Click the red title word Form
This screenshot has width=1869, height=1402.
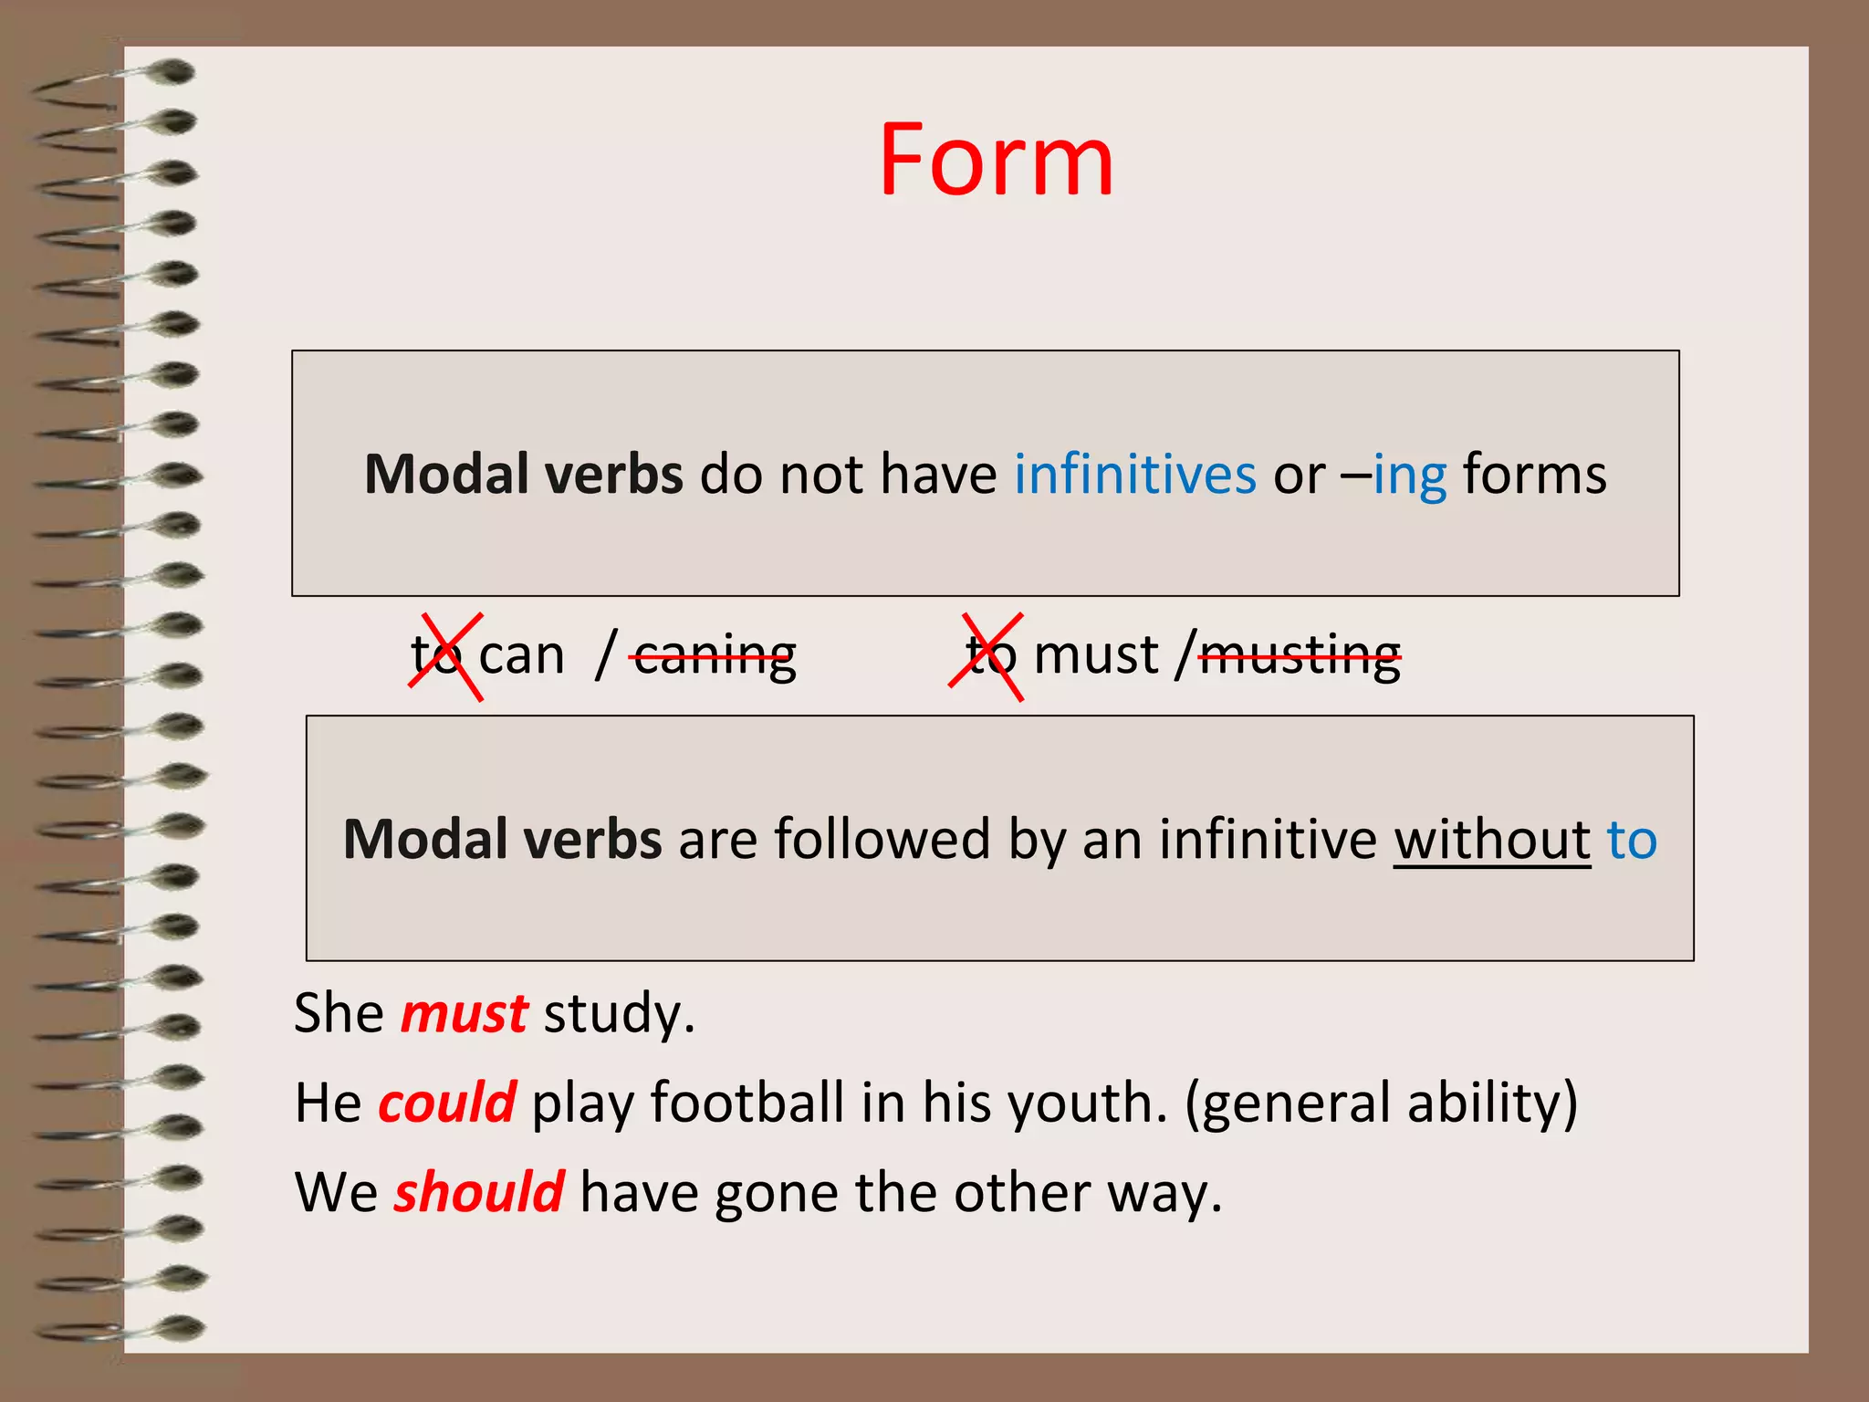996,162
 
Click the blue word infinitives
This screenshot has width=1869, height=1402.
1134,475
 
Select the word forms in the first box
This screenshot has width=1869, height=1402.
1534,475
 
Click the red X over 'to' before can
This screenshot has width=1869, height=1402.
445,656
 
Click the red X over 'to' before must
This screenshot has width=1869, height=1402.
987,656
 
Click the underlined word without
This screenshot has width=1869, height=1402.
1491,839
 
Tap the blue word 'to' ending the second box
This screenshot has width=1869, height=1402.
1632,839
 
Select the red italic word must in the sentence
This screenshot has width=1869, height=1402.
464,1013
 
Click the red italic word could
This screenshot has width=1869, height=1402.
447,1103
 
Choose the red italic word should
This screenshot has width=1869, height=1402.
479,1192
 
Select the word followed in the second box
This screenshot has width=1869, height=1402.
882,839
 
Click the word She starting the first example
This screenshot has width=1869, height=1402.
339,1013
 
